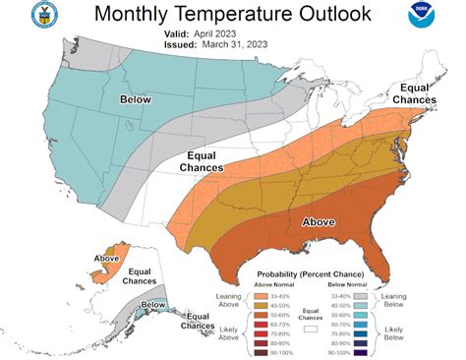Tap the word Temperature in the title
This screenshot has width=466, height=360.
tap(236, 15)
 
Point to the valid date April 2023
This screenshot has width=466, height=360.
tap(220, 32)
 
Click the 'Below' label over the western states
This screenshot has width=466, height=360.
tap(136, 100)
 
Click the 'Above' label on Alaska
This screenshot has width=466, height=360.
tap(107, 259)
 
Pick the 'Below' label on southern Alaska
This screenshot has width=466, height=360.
tap(152, 306)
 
